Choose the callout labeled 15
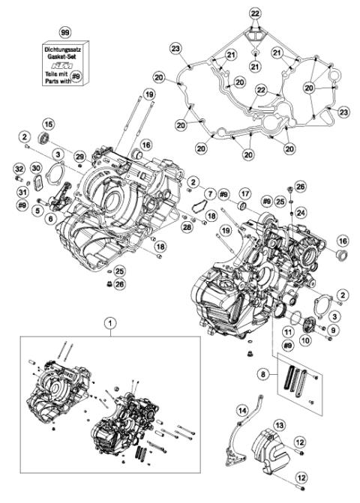tap(47, 124)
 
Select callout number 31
tap(21, 190)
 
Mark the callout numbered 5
tap(36, 211)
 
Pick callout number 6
tap(51, 218)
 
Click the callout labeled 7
tap(211, 194)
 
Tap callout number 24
tap(300, 212)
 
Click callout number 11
tap(287, 331)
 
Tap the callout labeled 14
tap(242, 410)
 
